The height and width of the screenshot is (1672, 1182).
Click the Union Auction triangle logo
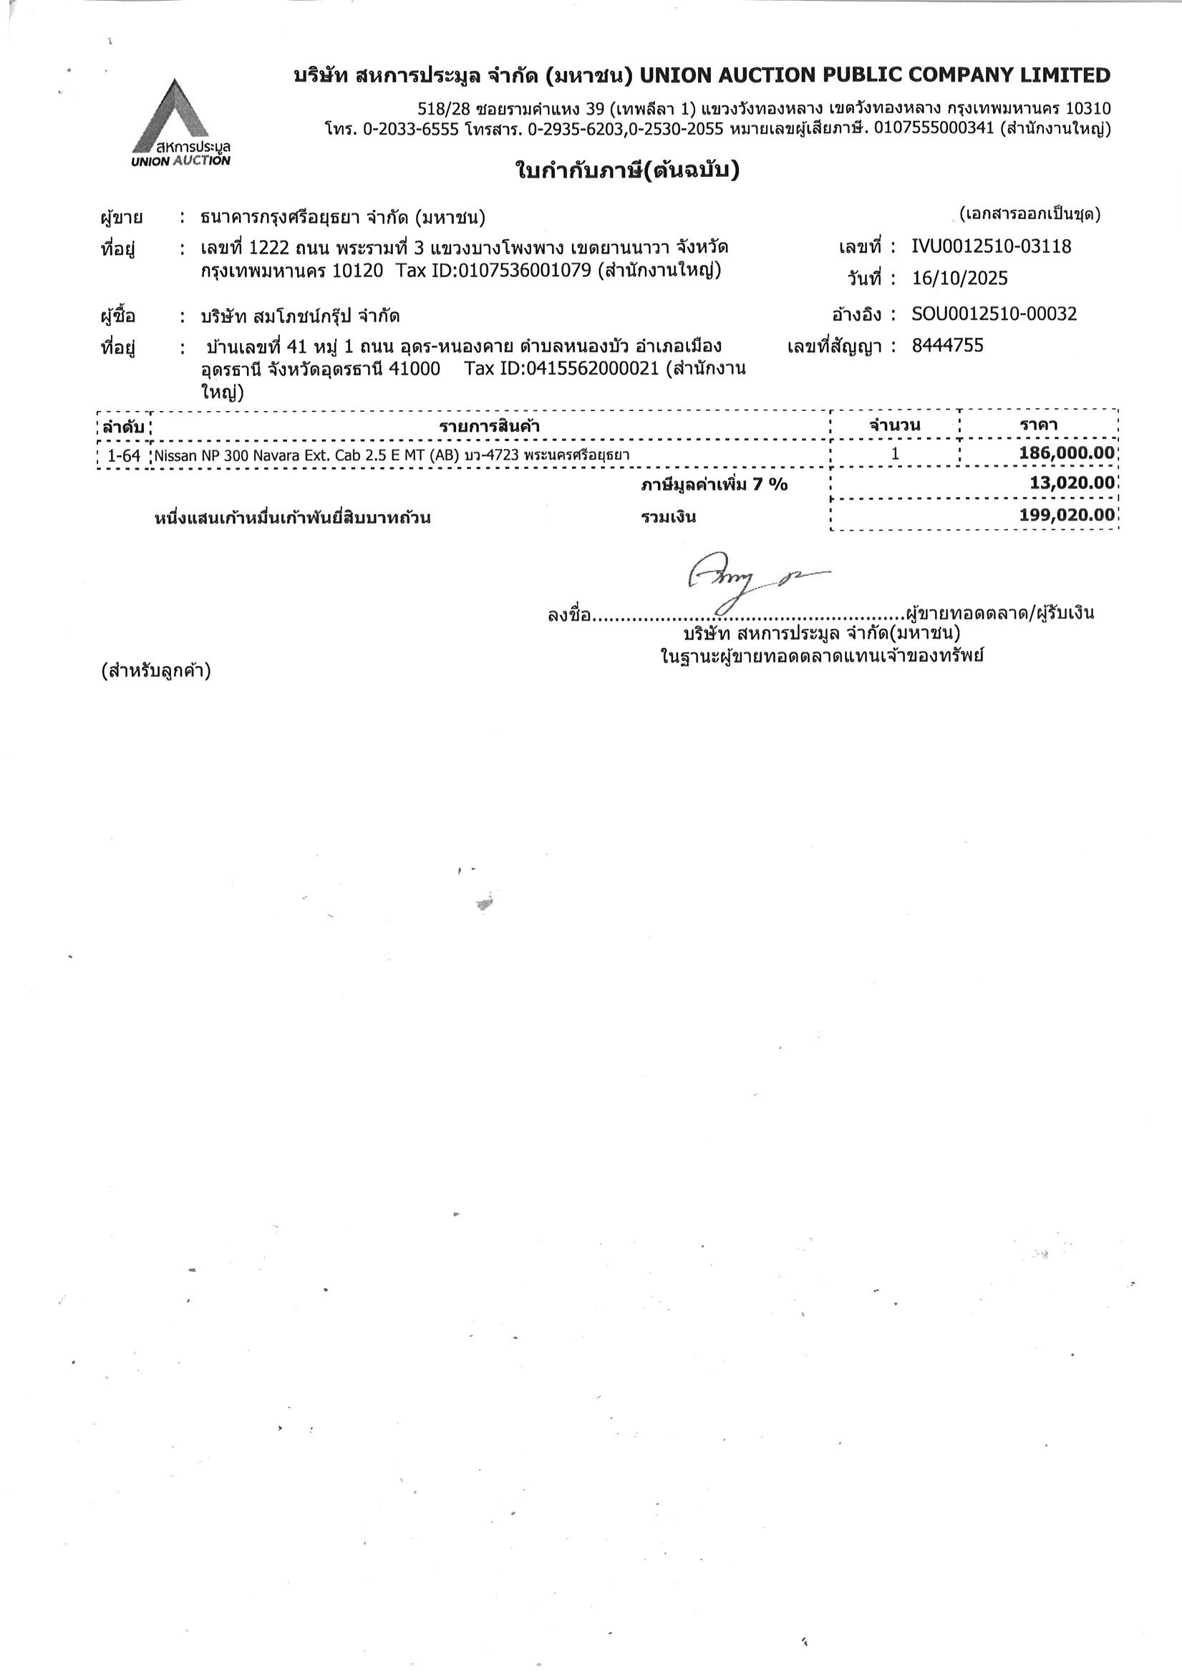180,120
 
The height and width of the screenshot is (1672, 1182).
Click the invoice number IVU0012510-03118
990,246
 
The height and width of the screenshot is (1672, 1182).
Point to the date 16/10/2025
960,278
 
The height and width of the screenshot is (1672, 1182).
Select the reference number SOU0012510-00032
994,314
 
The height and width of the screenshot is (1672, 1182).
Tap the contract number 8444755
946,345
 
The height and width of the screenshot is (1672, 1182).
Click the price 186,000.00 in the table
1066,453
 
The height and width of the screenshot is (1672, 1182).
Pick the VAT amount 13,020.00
1072,482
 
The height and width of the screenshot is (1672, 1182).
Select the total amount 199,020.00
1066,515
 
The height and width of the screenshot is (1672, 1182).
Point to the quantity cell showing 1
895,454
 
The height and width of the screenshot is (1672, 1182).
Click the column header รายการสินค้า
490,426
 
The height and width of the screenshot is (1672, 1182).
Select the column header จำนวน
895,425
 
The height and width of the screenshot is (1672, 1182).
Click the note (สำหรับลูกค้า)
156,670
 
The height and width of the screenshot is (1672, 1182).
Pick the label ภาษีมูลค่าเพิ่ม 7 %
714,484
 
